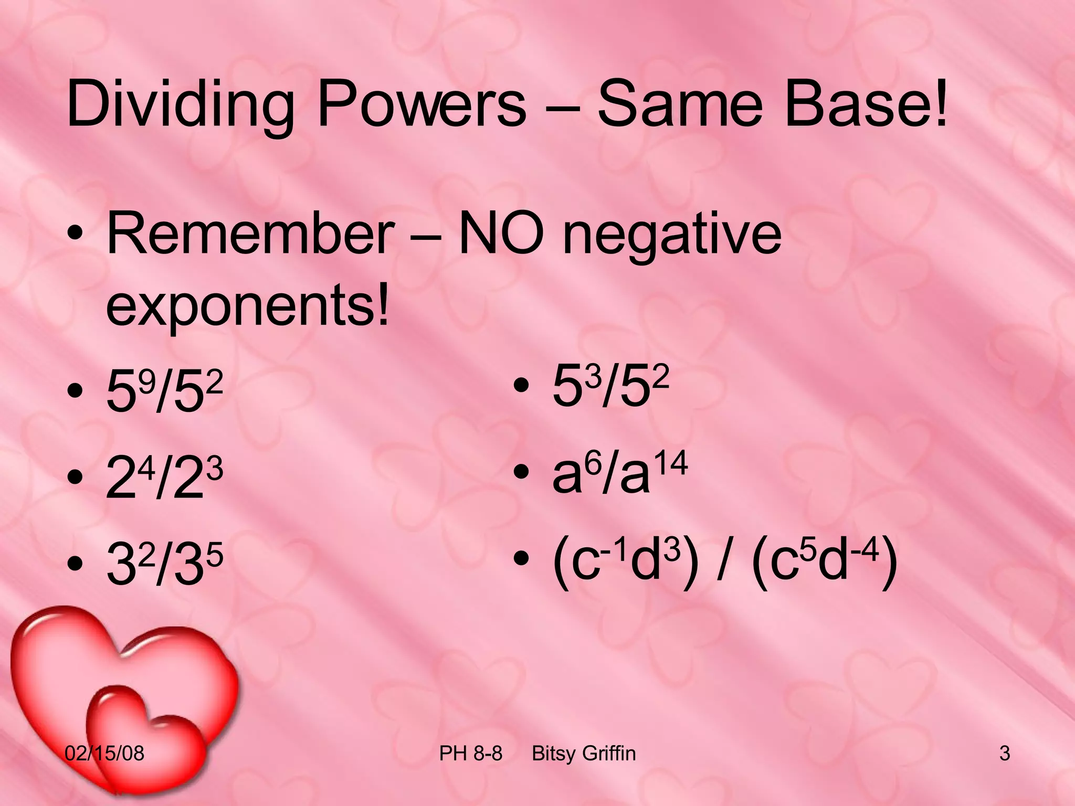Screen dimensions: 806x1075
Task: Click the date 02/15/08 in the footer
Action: click(x=104, y=754)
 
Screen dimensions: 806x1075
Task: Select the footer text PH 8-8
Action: click(x=470, y=754)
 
